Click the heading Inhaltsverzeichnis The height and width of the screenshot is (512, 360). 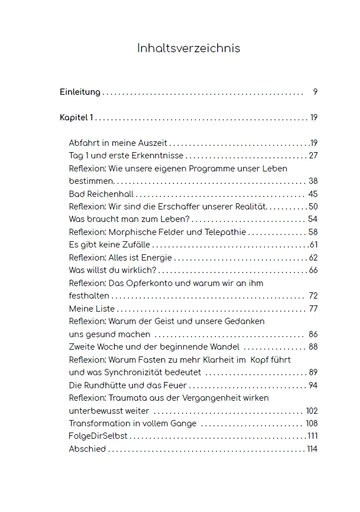[x=189, y=48]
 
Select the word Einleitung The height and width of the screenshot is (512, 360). [x=80, y=92]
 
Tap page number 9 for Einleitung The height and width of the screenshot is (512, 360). [x=315, y=92]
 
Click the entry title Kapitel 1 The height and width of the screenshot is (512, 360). [x=76, y=117]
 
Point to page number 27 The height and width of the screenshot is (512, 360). [x=313, y=156]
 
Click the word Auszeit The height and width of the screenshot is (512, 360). [x=153, y=143]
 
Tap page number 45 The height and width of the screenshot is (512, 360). [x=313, y=194]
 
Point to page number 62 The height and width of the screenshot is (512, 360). [x=313, y=258]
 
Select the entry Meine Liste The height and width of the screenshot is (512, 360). [x=91, y=309]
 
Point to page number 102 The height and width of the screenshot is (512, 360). [x=312, y=411]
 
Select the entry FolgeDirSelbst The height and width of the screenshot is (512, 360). [x=98, y=436]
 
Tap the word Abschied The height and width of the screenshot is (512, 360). [x=87, y=449]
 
